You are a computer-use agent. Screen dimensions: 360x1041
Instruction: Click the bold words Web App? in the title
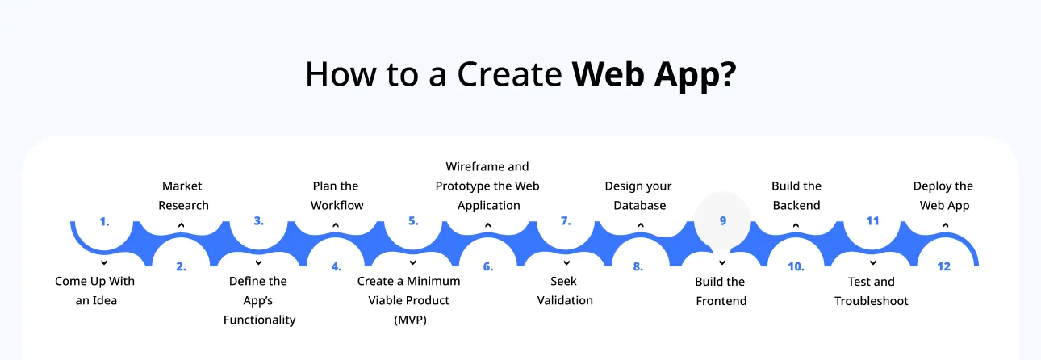pos(654,74)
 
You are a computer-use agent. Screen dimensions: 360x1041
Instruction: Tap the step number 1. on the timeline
pos(104,220)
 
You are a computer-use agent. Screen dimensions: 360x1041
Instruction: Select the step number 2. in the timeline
pos(182,266)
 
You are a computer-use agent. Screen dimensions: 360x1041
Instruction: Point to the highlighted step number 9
pos(722,220)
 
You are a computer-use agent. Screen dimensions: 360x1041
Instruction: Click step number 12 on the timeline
pos(943,266)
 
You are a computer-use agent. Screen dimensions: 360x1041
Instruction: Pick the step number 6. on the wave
pos(488,266)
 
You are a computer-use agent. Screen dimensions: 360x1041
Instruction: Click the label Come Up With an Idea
pos(95,291)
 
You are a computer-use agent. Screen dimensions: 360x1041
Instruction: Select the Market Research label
pos(183,195)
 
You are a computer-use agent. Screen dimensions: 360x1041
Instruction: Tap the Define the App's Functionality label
pos(259,300)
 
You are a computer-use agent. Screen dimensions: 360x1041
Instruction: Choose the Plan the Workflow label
pos(337,195)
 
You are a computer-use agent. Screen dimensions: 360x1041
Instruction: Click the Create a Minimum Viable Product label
pos(409,300)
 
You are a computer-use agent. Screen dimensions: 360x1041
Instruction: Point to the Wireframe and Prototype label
pos(487,186)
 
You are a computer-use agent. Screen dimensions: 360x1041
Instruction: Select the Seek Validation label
pos(565,291)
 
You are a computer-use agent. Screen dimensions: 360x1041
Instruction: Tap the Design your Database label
pos(638,195)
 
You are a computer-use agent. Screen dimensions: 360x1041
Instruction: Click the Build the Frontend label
pos(721,291)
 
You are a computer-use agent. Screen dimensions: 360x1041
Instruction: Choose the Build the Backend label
pos(796,195)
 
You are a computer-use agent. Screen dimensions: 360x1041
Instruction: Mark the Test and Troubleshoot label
pos(871,291)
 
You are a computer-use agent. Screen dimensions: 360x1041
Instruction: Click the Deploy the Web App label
pos(943,195)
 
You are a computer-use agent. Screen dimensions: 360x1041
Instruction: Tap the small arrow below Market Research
pos(182,225)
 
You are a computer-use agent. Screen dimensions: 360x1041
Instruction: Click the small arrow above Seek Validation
pos(565,262)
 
